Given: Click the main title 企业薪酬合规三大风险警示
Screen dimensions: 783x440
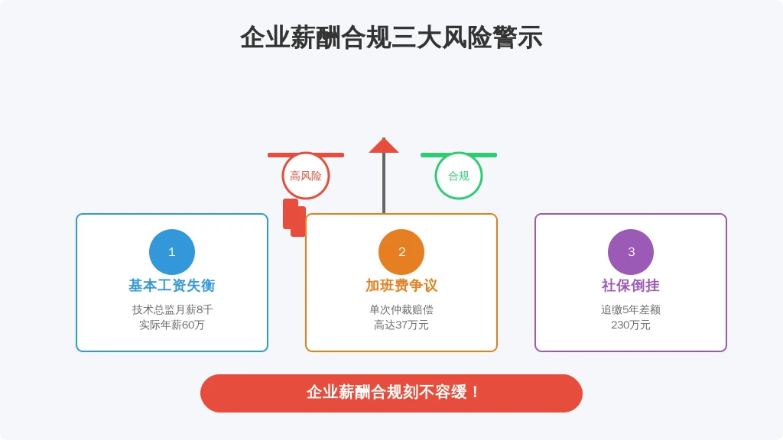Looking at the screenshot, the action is pyautogui.click(x=391, y=37).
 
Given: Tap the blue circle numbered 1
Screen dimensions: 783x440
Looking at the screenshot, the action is pyautogui.click(x=172, y=252).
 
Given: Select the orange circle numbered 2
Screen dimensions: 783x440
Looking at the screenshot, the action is pyautogui.click(x=401, y=252).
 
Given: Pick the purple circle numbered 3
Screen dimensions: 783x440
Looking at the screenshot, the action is pyautogui.click(x=631, y=252).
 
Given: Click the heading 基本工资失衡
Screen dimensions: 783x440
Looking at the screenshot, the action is pyautogui.click(x=172, y=286).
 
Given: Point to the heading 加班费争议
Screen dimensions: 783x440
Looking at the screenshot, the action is pyautogui.click(x=401, y=286).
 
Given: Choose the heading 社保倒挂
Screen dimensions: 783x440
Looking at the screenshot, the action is pyautogui.click(x=631, y=286).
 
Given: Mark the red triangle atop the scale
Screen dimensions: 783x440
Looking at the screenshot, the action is pyautogui.click(x=384, y=146).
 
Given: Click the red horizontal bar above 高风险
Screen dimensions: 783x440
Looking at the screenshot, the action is pyautogui.click(x=306, y=155).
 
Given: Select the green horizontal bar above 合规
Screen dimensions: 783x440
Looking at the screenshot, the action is pyautogui.click(x=459, y=155).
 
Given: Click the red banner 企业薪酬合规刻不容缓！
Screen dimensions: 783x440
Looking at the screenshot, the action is pyautogui.click(x=391, y=393).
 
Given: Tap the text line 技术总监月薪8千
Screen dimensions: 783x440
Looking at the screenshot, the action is pyautogui.click(x=172, y=309).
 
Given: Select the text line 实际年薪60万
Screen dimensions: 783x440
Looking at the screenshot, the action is pyautogui.click(x=172, y=325).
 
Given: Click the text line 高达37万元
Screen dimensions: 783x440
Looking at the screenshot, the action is pyautogui.click(x=401, y=325).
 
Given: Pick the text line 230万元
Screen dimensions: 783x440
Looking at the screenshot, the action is pyautogui.click(x=631, y=325).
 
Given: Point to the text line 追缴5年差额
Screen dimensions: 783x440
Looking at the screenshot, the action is pyautogui.click(x=631, y=309).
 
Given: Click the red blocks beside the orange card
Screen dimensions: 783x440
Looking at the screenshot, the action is pyautogui.click(x=294, y=218).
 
